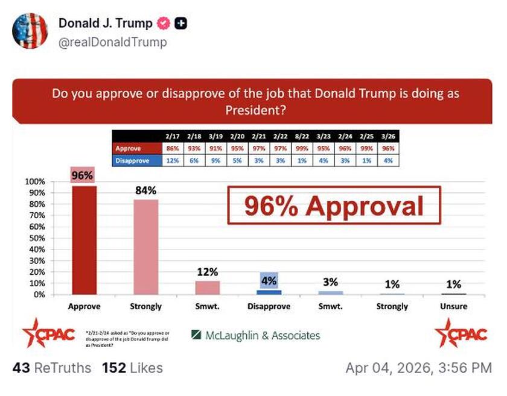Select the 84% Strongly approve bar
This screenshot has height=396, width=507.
[x=146, y=247]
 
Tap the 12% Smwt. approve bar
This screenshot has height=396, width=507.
[x=207, y=288]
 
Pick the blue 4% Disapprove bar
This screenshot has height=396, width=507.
[x=269, y=292]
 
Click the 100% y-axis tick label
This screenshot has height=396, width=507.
[x=35, y=181]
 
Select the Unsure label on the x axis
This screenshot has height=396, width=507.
[x=453, y=306]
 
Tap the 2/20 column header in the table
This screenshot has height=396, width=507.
[x=237, y=137]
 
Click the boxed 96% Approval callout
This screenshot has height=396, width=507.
[x=334, y=206]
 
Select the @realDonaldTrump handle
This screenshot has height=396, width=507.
[x=112, y=42]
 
